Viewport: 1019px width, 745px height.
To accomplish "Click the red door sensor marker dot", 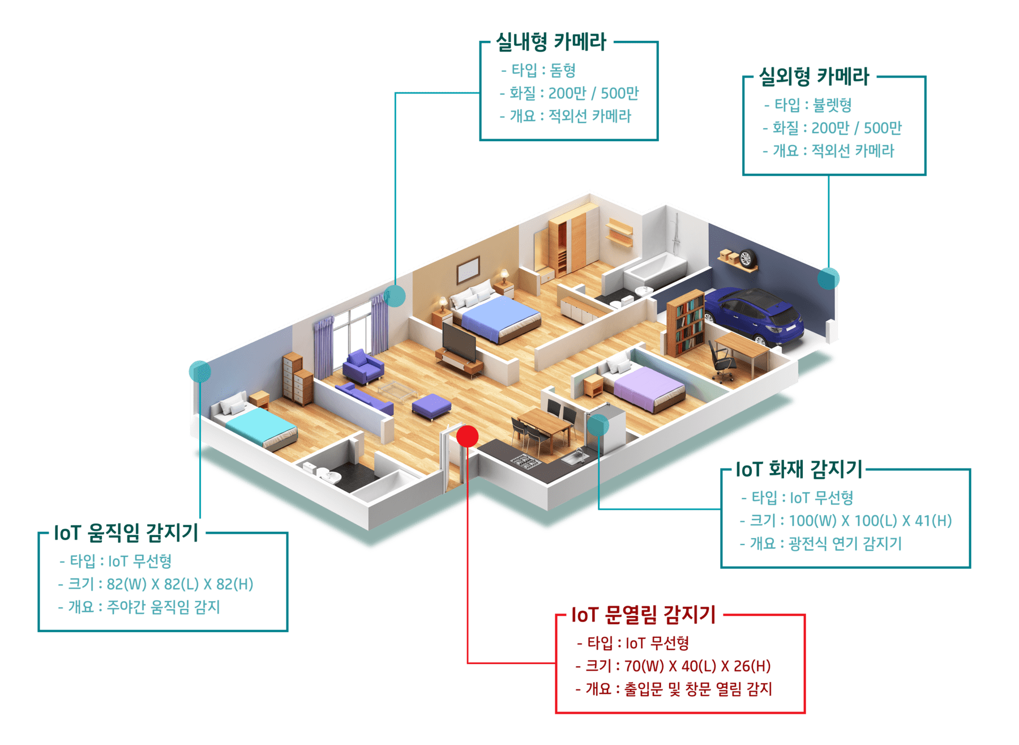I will point(468,436).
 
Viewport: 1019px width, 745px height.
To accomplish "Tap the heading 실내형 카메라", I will point(551,42).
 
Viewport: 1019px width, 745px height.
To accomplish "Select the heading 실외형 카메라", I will point(814,76).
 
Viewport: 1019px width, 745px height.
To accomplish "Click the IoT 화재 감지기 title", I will point(799,469).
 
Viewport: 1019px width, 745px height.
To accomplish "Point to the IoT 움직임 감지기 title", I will point(126,533).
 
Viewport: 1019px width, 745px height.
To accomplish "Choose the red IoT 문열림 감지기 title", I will point(644,615).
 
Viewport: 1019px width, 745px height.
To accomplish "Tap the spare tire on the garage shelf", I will point(746,258).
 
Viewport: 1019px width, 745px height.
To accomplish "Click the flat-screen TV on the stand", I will point(459,342).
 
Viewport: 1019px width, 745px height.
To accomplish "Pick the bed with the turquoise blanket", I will point(258,422).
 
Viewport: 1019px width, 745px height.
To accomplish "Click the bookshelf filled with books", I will point(685,323).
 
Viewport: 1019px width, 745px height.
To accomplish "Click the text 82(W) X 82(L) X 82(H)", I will point(180,584).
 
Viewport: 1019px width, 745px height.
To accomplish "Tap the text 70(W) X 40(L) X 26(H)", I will point(697,666).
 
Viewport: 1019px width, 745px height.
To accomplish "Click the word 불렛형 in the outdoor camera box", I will point(832,105).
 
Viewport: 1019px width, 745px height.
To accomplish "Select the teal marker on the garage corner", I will point(828,278).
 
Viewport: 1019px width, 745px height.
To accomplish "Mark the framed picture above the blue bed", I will point(468,270).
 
